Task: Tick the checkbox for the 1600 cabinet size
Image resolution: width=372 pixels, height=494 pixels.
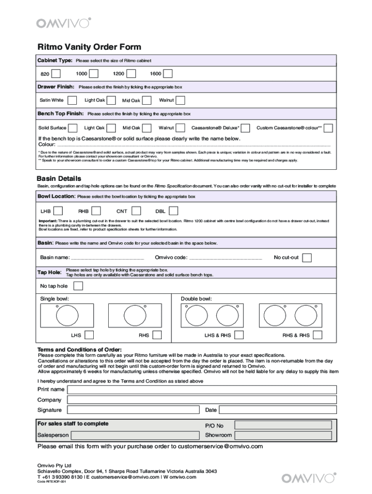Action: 168,74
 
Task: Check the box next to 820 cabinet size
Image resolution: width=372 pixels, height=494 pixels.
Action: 56,74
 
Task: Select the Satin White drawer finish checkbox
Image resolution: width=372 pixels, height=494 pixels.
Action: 72,100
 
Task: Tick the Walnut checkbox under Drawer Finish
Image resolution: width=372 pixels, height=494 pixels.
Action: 180,100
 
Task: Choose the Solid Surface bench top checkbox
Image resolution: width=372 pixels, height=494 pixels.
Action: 73,128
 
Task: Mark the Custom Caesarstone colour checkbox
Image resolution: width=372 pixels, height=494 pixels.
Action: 329,128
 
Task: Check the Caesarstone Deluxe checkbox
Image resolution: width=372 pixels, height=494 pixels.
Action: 245,128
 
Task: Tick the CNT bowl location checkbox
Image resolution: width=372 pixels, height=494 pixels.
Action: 136,211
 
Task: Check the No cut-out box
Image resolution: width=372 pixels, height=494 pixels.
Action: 307,257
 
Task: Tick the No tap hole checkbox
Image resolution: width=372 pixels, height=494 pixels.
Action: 77,286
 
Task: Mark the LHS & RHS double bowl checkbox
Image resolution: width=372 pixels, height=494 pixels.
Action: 239,335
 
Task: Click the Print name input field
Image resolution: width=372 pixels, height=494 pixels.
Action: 201,389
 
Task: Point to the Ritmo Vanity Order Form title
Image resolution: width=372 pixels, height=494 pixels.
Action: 89,47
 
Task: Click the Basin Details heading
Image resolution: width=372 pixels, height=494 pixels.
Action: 56,178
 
